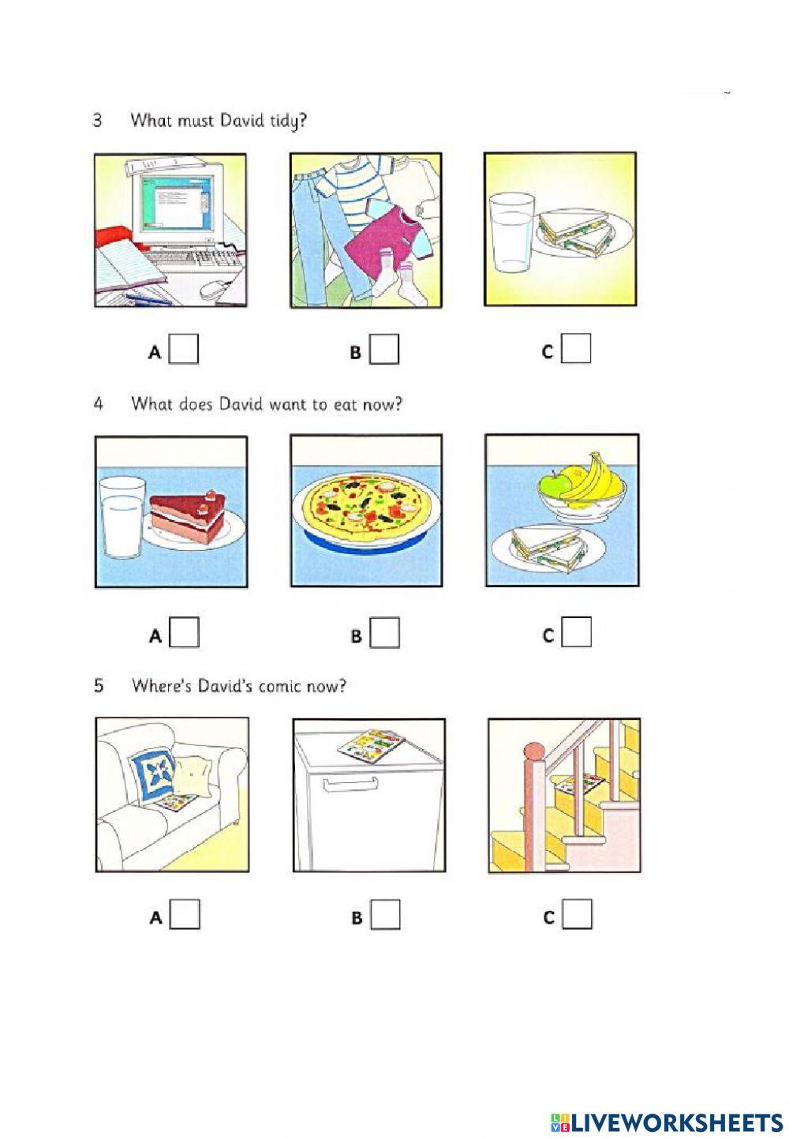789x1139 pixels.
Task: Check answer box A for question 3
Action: (185, 349)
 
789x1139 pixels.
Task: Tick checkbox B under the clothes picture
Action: (385, 349)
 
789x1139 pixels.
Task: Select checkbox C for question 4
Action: (577, 632)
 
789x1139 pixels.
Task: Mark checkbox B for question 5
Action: (385, 915)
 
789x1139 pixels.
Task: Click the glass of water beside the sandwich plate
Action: (511, 233)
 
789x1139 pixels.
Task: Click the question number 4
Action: (99, 404)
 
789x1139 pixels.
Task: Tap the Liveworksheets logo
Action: (667, 1122)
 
